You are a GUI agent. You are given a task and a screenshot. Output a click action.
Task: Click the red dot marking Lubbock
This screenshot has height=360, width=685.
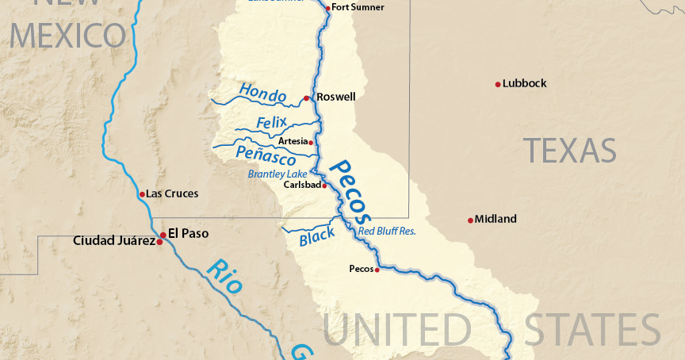click(498, 84)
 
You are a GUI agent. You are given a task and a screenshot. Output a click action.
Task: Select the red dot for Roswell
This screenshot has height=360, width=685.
click(306, 98)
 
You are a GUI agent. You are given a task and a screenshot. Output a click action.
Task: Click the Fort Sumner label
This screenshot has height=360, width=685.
click(358, 7)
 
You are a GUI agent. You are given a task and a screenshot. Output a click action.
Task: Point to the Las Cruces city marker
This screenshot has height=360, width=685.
click(142, 194)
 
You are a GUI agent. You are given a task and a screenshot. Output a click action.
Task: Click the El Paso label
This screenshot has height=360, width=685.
click(189, 234)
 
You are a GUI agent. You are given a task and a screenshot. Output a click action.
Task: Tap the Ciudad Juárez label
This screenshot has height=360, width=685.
click(114, 240)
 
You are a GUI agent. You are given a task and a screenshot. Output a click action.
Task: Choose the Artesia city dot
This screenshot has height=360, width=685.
click(311, 143)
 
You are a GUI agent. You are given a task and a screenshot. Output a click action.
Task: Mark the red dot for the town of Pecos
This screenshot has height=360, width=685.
click(377, 270)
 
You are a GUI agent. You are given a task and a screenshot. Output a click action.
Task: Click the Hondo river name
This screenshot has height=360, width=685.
click(262, 94)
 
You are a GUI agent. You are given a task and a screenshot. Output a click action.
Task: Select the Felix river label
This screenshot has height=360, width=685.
click(272, 123)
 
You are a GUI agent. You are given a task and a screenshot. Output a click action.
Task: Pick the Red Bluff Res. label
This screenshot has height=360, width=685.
click(387, 232)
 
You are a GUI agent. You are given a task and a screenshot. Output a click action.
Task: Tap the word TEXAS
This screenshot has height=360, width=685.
click(569, 150)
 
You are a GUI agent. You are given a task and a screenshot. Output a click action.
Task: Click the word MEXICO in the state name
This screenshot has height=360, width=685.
click(68, 36)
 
